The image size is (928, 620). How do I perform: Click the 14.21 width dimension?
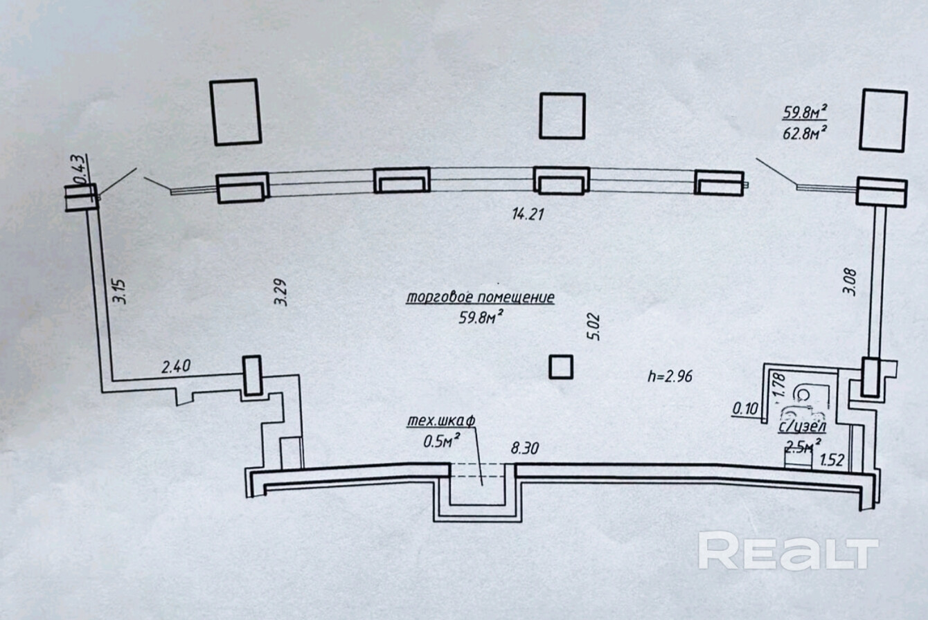click(528, 215)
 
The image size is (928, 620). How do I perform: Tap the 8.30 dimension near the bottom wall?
click(525, 448)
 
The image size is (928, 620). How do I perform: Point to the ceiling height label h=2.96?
click(670, 376)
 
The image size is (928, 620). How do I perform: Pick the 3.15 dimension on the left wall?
click(121, 291)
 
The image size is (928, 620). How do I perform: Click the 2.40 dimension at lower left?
click(176, 367)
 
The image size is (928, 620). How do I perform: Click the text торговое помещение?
click(481, 298)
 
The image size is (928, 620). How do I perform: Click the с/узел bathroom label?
click(803, 428)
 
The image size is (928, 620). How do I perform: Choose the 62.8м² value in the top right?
click(806, 133)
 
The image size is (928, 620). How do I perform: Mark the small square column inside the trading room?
click(561, 367)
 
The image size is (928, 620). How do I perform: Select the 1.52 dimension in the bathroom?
click(831, 459)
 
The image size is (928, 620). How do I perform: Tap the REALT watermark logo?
click(787, 550)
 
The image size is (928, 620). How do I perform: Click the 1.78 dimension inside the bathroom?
click(778, 385)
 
